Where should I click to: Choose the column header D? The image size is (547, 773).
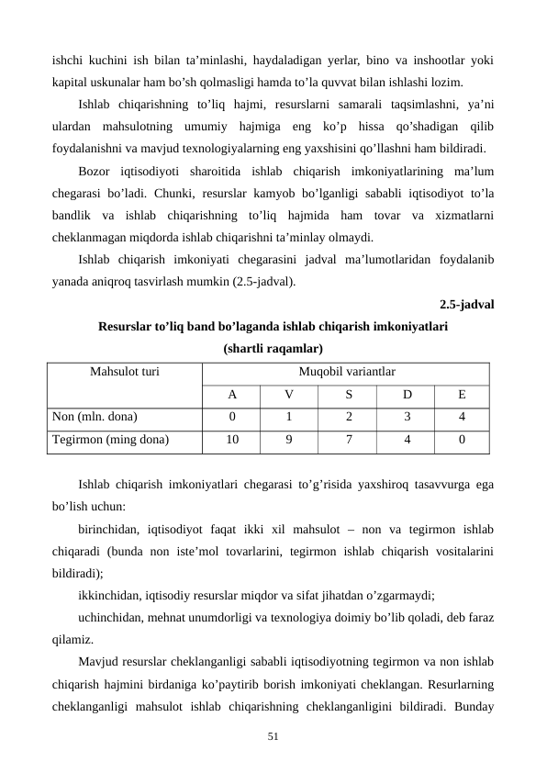pyautogui.click(x=405, y=395)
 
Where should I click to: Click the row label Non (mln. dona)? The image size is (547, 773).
pyautogui.click(x=95, y=417)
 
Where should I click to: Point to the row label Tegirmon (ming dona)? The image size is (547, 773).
pyautogui.click(x=110, y=440)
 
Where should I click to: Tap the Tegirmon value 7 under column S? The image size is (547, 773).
pyautogui.click(x=347, y=440)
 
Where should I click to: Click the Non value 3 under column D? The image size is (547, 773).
pyautogui.click(x=405, y=417)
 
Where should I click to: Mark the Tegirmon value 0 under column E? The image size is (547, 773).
pyautogui.click(x=462, y=440)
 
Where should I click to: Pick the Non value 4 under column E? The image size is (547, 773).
pyautogui.click(x=462, y=417)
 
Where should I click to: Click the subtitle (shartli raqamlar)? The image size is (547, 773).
pyautogui.click(x=273, y=350)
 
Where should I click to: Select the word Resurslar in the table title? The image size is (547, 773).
pyautogui.click(x=126, y=327)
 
